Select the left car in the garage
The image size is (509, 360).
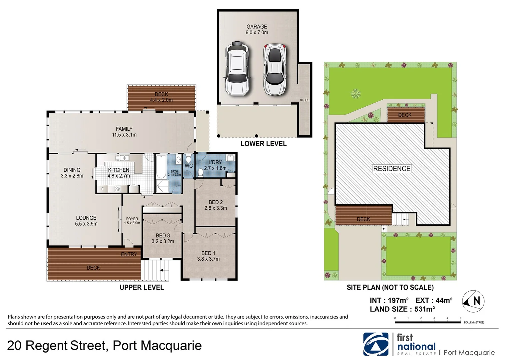tap(237, 69)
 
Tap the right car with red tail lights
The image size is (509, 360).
tap(274, 69)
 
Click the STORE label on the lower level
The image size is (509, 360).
tap(304, 100)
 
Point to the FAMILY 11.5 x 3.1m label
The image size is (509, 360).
tap(124, 132)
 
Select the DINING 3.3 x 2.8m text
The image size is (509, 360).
tap(72, 173)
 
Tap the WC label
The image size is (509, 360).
tap(189, 166)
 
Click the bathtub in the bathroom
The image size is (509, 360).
tap(161, 167)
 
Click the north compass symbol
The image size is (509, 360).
tap(473, 301)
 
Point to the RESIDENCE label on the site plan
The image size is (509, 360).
tap(391, 169)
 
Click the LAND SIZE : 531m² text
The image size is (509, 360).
tap(402, 309)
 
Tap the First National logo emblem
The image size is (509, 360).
tap(376, 344)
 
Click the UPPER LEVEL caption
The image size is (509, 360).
tap(142, 287)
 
